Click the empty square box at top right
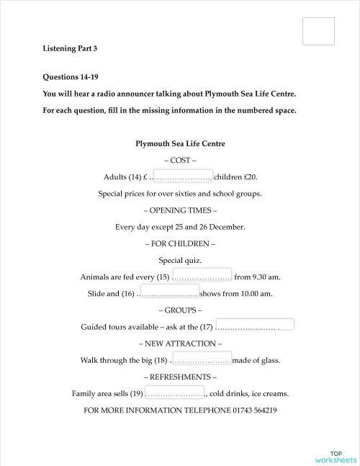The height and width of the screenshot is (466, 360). click(319, 31)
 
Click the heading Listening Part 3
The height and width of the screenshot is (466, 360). click(70, 48)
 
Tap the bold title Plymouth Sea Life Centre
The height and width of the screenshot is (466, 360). click(180, 143)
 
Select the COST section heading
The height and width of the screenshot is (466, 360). click(180, 160)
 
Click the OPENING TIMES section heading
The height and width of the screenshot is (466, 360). click(180, 210)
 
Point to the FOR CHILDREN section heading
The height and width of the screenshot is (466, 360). click(180, 243)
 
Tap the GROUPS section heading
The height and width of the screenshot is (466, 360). click(180, 310)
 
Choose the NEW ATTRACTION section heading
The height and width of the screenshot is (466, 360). click(180, 344)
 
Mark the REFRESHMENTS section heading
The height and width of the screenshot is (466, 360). click(180, 377)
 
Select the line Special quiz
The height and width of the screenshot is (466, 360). click(180, 260)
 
